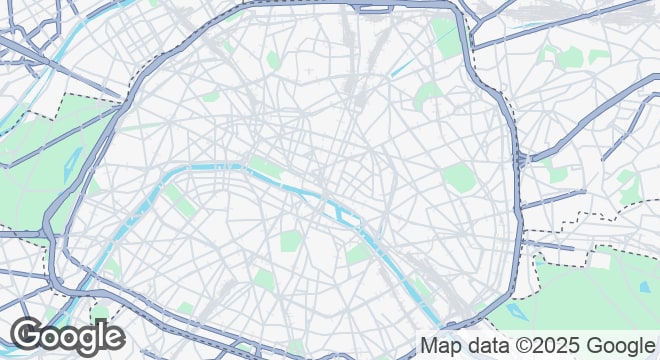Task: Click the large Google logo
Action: coord(68,337)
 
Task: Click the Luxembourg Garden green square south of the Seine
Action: coord(291,241)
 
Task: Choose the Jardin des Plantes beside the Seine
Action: coord(359,254)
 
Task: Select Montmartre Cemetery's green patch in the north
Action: coord(273,61)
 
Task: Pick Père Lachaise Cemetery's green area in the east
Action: coord(458,178)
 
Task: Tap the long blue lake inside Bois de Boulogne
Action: coord(69,164)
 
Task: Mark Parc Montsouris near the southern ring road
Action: coord(300,345)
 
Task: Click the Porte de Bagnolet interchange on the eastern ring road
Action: coord(519,159)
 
